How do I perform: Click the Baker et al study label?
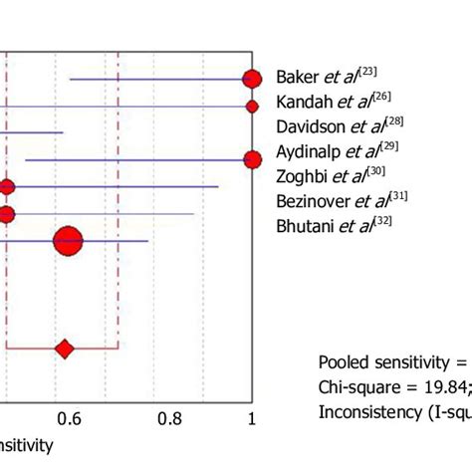coord(327,78)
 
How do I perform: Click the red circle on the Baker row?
coord(252,79)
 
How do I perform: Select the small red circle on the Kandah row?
coord(252,106)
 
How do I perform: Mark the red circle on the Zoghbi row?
coord(7,186)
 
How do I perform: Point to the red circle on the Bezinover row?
coord(7,213)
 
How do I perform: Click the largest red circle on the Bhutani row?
coord(68,240)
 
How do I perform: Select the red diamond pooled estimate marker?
coord(65,349)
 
